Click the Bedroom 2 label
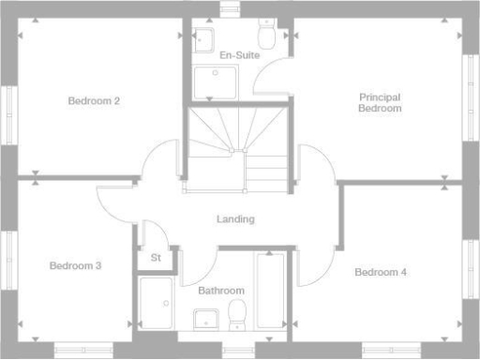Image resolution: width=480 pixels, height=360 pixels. click(93, 100)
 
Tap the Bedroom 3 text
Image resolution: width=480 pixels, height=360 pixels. click(75, 266)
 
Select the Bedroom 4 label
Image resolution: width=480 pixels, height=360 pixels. click(381, 273)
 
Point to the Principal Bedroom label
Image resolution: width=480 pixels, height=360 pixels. click(380, 102)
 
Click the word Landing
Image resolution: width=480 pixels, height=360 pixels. click(235, 219)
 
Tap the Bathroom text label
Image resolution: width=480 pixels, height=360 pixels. click(221, 291)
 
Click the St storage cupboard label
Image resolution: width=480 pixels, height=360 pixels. click(156, 258)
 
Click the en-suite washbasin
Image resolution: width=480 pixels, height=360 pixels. click(204, 39)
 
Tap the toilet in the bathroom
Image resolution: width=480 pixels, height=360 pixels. click(238, 314)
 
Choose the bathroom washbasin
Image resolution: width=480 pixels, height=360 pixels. click(206, 319)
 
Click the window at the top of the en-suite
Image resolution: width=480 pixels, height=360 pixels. click(230, 9)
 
